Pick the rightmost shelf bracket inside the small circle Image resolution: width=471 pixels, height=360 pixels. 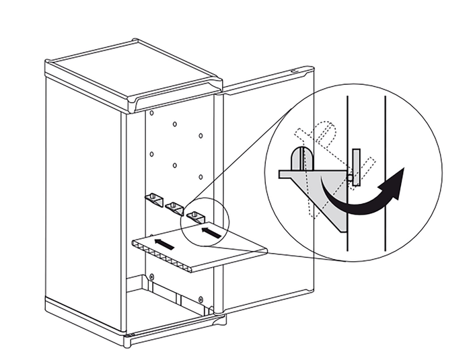196,217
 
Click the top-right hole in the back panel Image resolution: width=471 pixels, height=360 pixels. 201,135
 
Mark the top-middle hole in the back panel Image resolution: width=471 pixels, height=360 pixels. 174,124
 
